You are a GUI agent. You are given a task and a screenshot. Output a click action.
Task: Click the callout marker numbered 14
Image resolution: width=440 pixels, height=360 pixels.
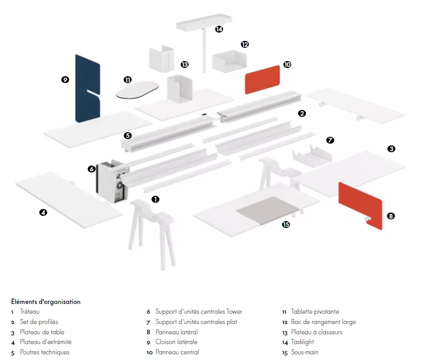219,29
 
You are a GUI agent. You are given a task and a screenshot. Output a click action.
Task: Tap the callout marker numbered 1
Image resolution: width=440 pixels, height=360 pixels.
155,199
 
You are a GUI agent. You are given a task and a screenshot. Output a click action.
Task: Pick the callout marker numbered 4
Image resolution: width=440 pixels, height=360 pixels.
44,212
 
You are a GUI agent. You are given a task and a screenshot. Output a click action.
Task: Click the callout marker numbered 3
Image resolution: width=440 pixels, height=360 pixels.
391,149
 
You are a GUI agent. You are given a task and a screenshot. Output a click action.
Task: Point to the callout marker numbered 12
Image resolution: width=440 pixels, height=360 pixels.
245,44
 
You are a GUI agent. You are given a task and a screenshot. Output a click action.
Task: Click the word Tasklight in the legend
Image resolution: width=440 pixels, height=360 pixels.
302,342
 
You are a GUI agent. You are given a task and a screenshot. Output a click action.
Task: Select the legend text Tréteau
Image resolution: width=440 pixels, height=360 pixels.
30,312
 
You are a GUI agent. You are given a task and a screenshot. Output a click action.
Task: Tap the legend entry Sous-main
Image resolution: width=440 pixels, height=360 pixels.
305,352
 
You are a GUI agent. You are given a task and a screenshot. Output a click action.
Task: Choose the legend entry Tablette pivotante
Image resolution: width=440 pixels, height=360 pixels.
315,312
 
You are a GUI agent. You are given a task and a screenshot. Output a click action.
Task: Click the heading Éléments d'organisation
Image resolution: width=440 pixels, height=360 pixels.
46,302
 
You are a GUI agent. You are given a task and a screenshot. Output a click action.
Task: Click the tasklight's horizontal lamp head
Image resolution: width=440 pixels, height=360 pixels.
204,24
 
